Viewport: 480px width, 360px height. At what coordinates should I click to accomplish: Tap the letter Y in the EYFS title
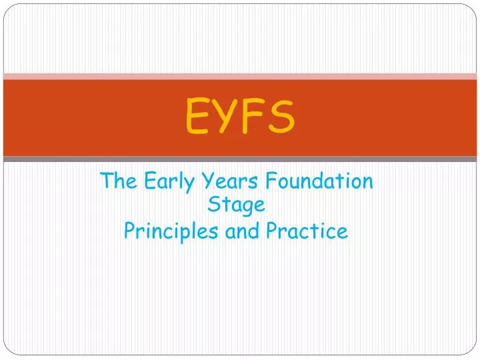226,116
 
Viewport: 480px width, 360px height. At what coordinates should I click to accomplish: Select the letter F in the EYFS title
253,116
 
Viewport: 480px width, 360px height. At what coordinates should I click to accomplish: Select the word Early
157,181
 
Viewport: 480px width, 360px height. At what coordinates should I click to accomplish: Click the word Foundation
311,181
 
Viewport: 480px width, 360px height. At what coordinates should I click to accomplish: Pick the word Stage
237,205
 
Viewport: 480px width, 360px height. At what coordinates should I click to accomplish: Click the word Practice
307,231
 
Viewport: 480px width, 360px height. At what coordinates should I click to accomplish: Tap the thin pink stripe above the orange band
240,76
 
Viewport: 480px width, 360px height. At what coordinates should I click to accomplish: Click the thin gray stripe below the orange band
240,159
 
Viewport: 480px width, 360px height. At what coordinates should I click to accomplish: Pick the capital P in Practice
272,231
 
